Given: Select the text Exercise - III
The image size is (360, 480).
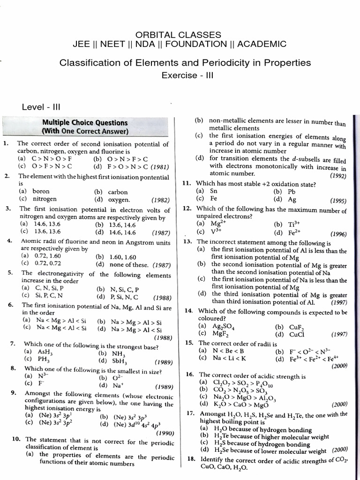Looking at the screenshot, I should (187, 75).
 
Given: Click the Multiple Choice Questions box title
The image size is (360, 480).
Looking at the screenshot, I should (85, 123).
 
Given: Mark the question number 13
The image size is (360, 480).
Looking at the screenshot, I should (187, 241).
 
